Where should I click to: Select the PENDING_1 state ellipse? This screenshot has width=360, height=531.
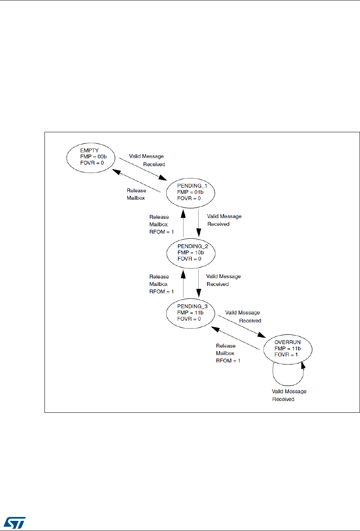click(x=191, y=192)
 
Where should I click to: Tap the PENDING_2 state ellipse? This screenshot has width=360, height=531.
click(x=191, y=252)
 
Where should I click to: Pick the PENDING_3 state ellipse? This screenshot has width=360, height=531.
click(x=190, y=313)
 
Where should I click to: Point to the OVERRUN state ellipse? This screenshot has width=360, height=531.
click(x=288, y=348)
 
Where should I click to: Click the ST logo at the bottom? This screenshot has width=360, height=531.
click(x=16, y=523)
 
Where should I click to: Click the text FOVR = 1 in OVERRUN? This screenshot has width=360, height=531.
click(x=286, y=355)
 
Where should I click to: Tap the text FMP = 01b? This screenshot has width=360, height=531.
click(x=190, y=192)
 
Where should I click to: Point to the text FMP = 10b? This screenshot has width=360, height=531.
click(x=191, y=252)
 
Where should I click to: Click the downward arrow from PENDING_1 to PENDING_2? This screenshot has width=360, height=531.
click(x=199, y=222)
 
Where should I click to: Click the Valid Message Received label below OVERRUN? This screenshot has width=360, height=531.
click(x=289, y=395)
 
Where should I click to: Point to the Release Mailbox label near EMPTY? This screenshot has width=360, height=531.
click(x=136, y=194)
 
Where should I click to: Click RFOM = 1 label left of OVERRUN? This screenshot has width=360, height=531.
click(x=228, y=361)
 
